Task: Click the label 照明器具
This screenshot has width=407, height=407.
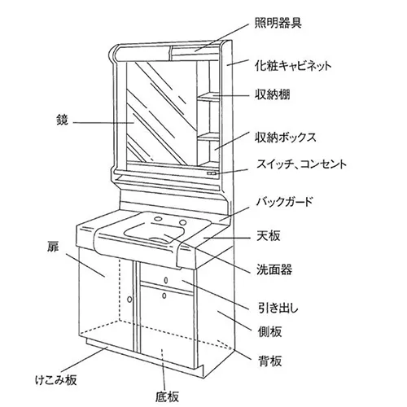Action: click(278, 23)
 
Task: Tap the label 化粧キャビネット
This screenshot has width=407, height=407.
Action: click(293, 66)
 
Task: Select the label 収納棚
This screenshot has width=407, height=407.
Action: click(272, 94)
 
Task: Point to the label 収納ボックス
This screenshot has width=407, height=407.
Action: click(286, 138)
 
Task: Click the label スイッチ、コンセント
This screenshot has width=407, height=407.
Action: click(301, 164)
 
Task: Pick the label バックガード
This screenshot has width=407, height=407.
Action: click(285, 202)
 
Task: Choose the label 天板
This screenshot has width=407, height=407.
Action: click(269, 235)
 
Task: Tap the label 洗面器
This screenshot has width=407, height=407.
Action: click(274, 269)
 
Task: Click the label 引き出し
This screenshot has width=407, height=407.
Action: click(278, 308)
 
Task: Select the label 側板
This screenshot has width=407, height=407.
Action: click(269, 331)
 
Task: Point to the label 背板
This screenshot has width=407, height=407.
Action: click(270, 361)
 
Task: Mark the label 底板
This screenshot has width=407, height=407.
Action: click(168, 396)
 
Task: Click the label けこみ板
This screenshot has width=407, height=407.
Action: click(56, 380)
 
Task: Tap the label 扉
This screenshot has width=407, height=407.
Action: click(53, 246)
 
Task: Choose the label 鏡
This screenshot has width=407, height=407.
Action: click(62, 120)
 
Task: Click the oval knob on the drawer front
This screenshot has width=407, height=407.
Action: click(166, 280)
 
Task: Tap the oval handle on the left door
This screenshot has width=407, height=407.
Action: click(129, 300)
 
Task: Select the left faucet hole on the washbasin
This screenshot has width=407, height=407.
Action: click(157, 218)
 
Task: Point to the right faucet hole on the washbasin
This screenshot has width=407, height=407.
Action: click(183, 223)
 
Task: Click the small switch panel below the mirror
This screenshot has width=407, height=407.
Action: click(212, 173)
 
